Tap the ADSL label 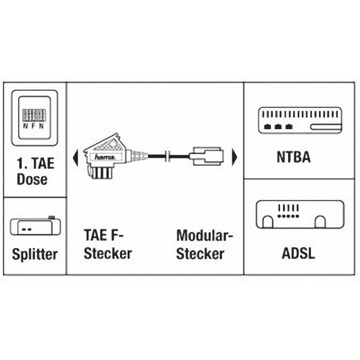tap(298, 253)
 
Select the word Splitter tap(35, 254)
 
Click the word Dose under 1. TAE tap(32, 179)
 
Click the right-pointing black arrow tap(235, 156)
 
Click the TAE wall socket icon tap(35, 118)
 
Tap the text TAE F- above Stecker tap(104, 236)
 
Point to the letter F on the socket tap(34, 126)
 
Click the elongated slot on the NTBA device tap(326, 127)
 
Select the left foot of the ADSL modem tap(267, 222)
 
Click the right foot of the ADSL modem tap(320, 222)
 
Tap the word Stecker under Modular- tap(200, 254)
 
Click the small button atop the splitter tap(51, 217)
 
